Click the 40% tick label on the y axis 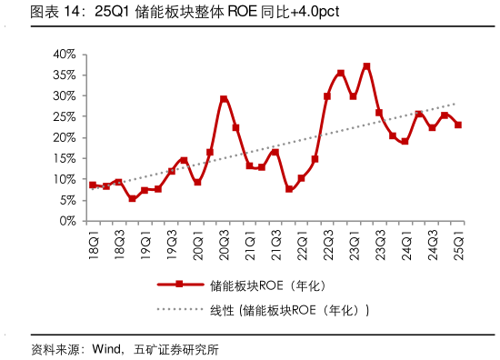point(64,55)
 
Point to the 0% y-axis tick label point(67,221)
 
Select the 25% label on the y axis point(64,116)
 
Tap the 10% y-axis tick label point(64,179)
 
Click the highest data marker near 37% point(366,66)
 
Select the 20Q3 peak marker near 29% point(223,99)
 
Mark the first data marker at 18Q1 point(93,185)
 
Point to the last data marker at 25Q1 point(458,125)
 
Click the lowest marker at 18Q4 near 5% point(132,198)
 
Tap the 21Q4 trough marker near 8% point(289,189)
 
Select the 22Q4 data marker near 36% point(341,73)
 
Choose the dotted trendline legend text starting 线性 point(283,310)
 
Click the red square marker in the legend point(178,285)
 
